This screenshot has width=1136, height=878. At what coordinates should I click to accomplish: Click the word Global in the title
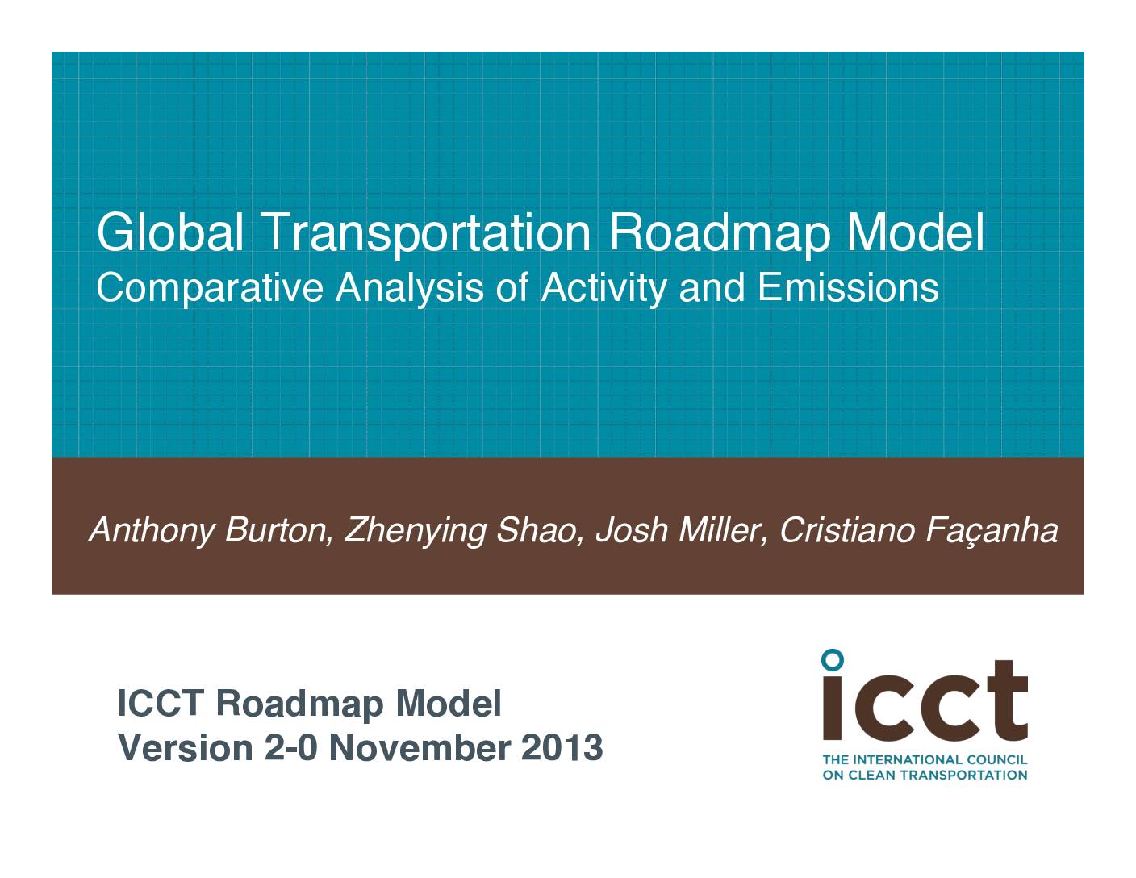tap(170, 232)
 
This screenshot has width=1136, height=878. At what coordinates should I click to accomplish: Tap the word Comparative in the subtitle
tap(210, 288)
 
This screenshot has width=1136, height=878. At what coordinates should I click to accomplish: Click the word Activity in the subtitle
tap(604, 289)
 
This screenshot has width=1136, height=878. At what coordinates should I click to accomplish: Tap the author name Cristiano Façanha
tap(918, 531)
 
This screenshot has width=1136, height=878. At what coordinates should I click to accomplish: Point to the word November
tap(420, 747)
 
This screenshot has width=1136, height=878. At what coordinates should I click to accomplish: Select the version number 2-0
tap(291, 747)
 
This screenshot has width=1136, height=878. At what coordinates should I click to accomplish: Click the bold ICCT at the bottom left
tap(161, 704)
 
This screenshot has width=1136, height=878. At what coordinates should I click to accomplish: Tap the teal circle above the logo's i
tap(833, 659)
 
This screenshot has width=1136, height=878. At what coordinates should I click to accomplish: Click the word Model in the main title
tap(916, 232)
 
